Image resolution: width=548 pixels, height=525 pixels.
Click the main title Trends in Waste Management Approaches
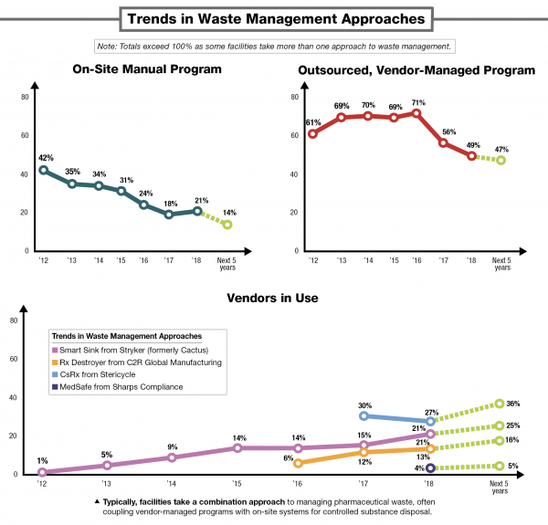[274, 17]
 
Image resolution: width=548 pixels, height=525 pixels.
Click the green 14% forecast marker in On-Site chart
[227, 225]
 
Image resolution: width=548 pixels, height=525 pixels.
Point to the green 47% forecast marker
[501, 161]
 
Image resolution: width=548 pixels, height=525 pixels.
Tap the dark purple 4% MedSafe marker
[431, 468]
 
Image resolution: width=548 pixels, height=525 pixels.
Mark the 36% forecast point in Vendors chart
[501, 403]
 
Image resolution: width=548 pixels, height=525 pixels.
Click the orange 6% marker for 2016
[298, 463]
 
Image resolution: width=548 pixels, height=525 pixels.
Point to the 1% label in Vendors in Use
[42, 460]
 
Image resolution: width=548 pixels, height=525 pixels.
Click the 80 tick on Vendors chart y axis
[13, 320]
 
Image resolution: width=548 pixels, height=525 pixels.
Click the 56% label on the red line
[445, 130]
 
